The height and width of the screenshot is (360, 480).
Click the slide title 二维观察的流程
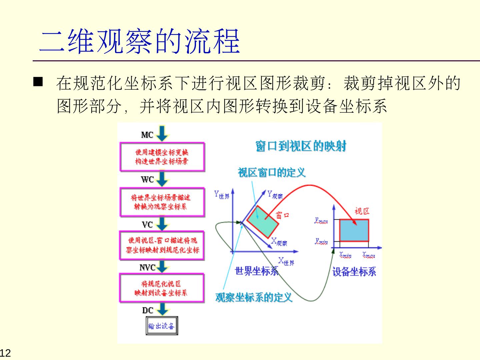(x=140, y=41)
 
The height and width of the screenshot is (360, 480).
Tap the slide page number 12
(x=5, y=353)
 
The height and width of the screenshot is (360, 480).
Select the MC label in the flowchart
(x=147, y=135)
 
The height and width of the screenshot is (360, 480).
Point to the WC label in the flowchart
(x=147, y=180)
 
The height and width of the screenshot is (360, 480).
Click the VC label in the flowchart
(x=147, y=225)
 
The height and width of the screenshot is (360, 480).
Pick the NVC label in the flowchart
(x=147, y=268)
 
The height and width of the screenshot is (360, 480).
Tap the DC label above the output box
(x=147, y=310)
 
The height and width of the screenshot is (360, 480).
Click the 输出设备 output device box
(x=162, y=326)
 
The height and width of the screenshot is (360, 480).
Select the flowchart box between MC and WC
(x=162, y=157)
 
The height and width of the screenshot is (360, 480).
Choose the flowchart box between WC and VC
(x=162, y=202)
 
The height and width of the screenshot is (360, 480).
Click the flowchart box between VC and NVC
(x=162, y=245)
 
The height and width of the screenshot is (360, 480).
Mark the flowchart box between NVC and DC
(x=162, y=288)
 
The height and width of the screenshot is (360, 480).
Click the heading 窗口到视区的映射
(x=301, y=146)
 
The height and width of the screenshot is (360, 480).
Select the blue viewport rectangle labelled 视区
(x=354, y=230)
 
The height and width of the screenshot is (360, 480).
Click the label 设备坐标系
(x=354, y=272)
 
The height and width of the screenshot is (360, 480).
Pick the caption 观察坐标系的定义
(x=254, y=297)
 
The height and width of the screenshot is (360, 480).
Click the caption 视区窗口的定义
(x=271, y=173)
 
